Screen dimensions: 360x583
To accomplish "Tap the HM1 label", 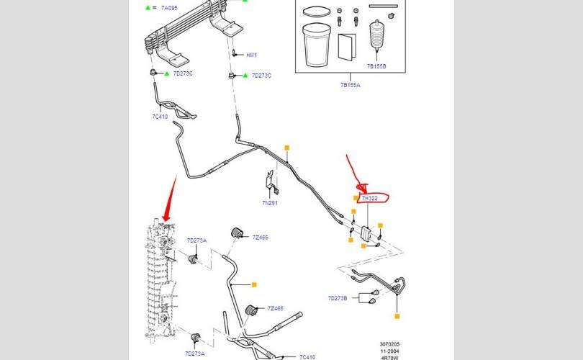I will coord(252,55).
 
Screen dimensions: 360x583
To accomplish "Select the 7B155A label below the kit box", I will coord(351,85).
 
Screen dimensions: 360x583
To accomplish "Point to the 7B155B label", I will coord(376,66).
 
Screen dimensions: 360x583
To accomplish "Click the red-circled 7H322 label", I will coord(370,197).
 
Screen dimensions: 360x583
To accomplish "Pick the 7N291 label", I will coord(269,203).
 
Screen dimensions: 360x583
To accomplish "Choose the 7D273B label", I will coord(338,298).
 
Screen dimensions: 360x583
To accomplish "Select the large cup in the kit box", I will coord(315,45).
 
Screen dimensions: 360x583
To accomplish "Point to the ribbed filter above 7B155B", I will coord(377,39).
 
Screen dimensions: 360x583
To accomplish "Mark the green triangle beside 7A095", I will coord(148,7).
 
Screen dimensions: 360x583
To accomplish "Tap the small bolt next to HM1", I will coord(235,53).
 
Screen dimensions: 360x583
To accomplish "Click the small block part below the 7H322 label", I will coord(366,233).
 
